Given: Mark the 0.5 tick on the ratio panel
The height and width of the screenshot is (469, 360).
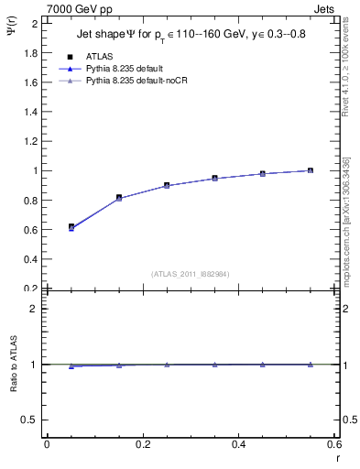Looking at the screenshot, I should pos(31,420).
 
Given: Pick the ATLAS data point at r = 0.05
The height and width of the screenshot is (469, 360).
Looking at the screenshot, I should pos(71,226).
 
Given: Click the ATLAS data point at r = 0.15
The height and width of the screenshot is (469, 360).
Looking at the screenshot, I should pos(119,197).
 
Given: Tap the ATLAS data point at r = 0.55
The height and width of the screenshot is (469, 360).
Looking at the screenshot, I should pos(311,170).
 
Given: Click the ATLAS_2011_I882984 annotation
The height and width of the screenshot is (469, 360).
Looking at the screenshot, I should pos(191,274).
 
